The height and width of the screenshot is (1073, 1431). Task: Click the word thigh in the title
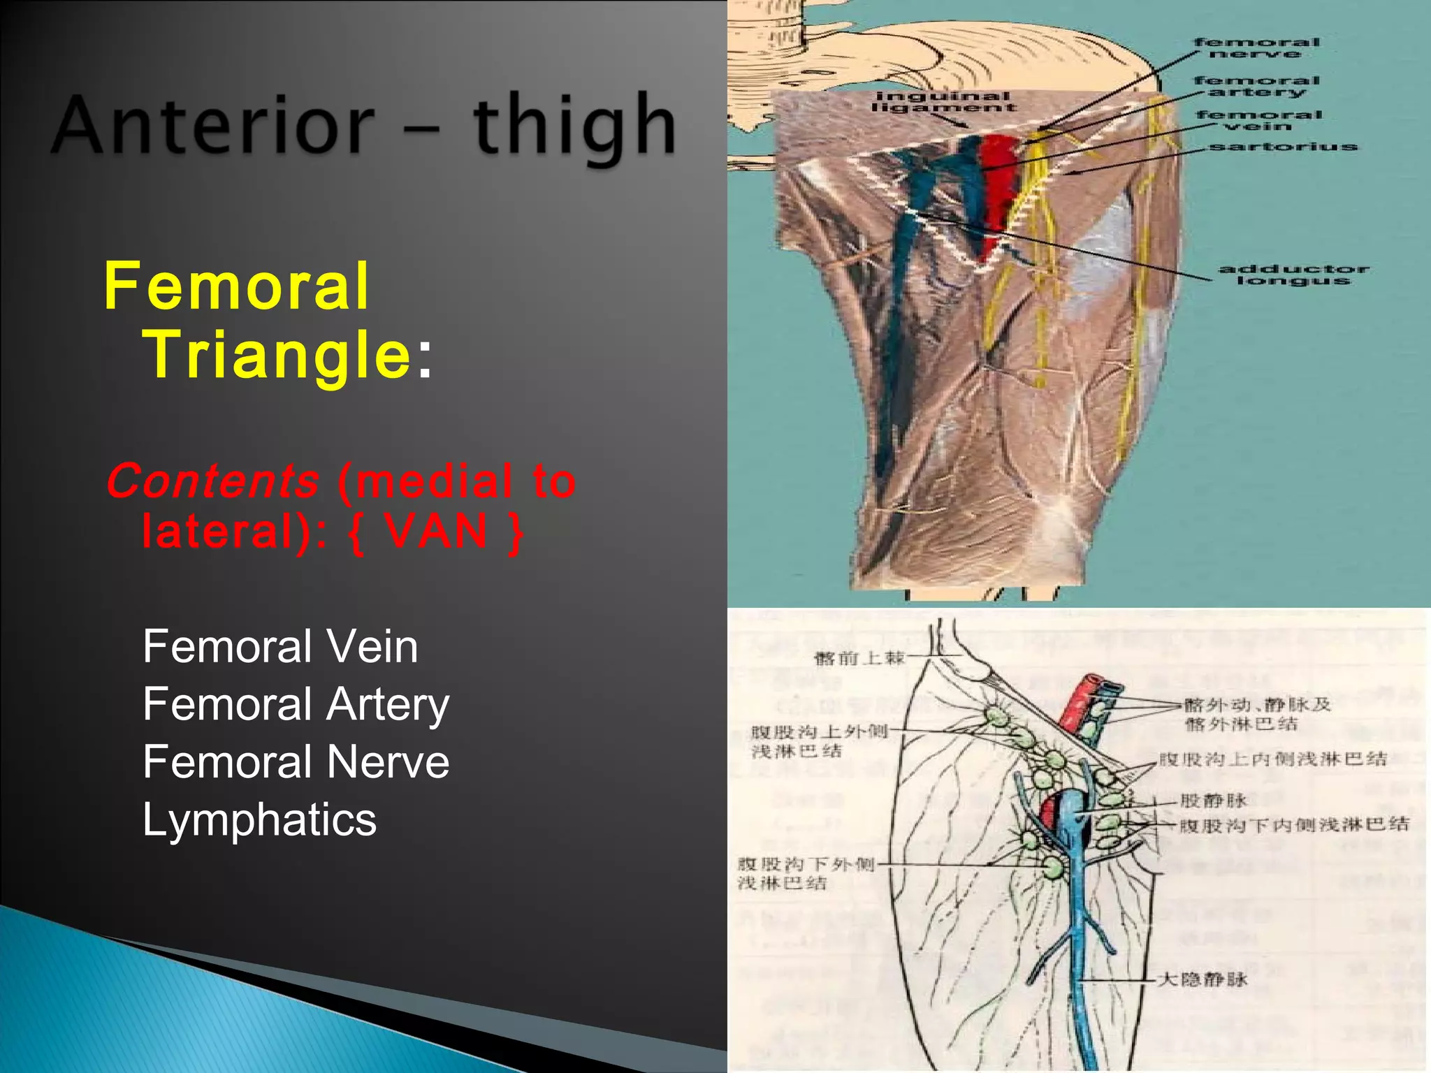[x=574, y=127]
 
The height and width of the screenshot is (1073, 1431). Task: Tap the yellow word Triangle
[x=278, y=354]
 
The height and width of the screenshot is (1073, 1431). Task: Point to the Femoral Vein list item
[x=280, y=646]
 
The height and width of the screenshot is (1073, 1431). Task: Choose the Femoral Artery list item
[x=296, y=704]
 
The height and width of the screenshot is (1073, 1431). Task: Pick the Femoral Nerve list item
[x=296, y=761]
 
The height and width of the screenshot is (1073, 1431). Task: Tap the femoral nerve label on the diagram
[x=1256, y=48]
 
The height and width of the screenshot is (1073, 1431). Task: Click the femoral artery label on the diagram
[x=1256, y=86]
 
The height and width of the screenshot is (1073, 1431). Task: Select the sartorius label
[x=1283, y=147]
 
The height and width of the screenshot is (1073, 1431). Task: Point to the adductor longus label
[x=1293, y=275]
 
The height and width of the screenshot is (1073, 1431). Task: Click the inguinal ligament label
[x=943, y=102]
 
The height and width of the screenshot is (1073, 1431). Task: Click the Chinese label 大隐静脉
[x=1202, y=979]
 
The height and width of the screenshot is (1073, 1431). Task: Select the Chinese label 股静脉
[x=1213, y=801]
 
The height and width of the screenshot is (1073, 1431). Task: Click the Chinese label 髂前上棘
[x=859, y=658]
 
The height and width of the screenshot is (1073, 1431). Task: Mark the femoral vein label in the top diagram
[x=1258, y=120]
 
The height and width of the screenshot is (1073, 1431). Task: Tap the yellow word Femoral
[x=236, y=286]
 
